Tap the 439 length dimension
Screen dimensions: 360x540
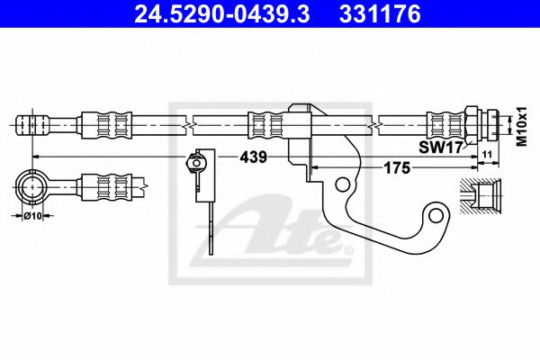pyautogui.click(x=253, y=157)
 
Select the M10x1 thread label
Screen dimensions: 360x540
pyautogui.click(x=519, y=127)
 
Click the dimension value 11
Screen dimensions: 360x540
pyautogui.click(x=486, y=156)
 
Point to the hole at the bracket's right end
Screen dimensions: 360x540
pyautogui.click(x=437, y=214)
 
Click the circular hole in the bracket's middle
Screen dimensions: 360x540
pyautogui.click(x=343, y=184)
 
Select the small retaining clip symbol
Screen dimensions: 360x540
pyautogui.click(x=197, y=163)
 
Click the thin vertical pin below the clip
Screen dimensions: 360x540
pyautogui.click(x=209, y=225)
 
